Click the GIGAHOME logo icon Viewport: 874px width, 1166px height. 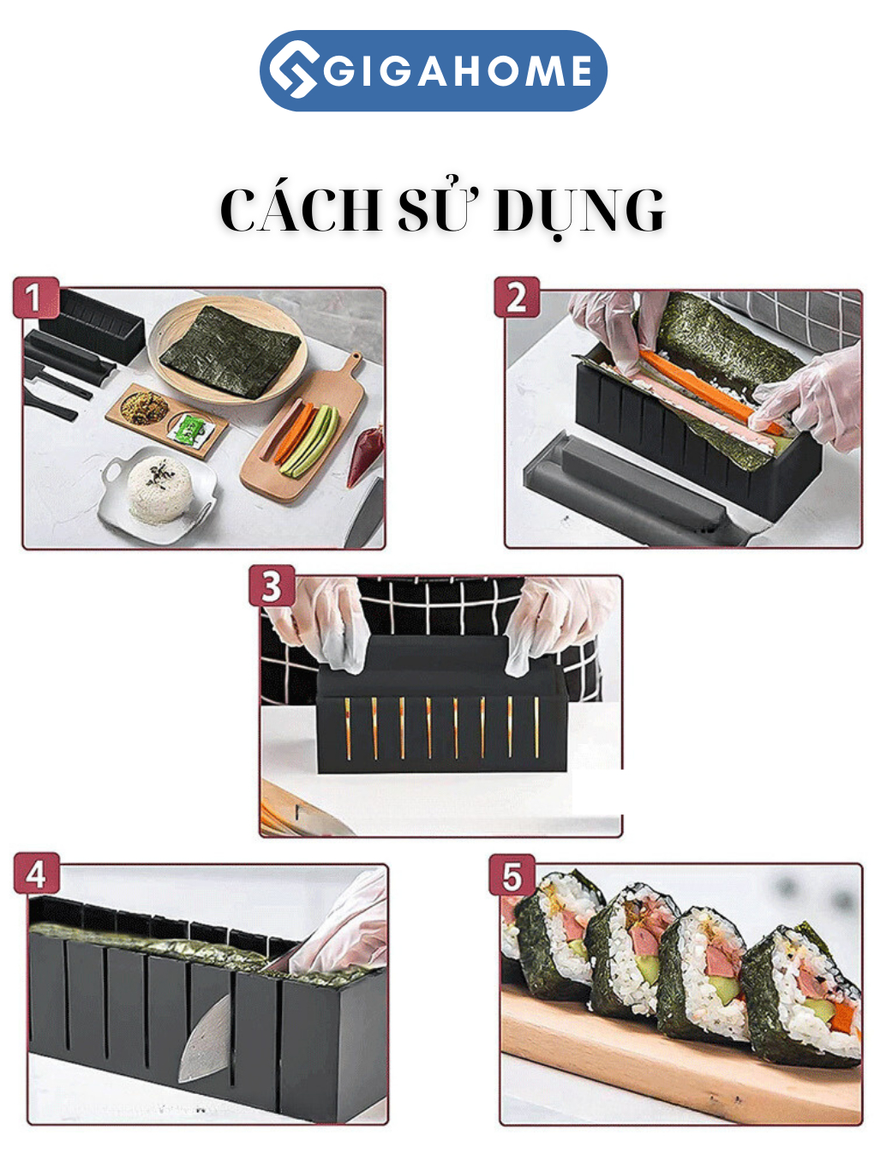coord(292,69)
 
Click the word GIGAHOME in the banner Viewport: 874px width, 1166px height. coord(458,71)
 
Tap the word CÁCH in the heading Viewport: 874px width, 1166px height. coord(301,210)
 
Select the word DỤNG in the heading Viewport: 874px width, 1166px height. coord(579,212)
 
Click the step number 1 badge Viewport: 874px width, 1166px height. coord(35,297)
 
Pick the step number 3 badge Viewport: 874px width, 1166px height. coord(272,586)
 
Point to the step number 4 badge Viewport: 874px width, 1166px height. coord(36,874)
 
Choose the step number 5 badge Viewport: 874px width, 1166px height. coord(512,875)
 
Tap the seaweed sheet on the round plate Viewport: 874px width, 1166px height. coord(230,352)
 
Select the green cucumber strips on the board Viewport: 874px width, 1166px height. coord(309,441)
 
